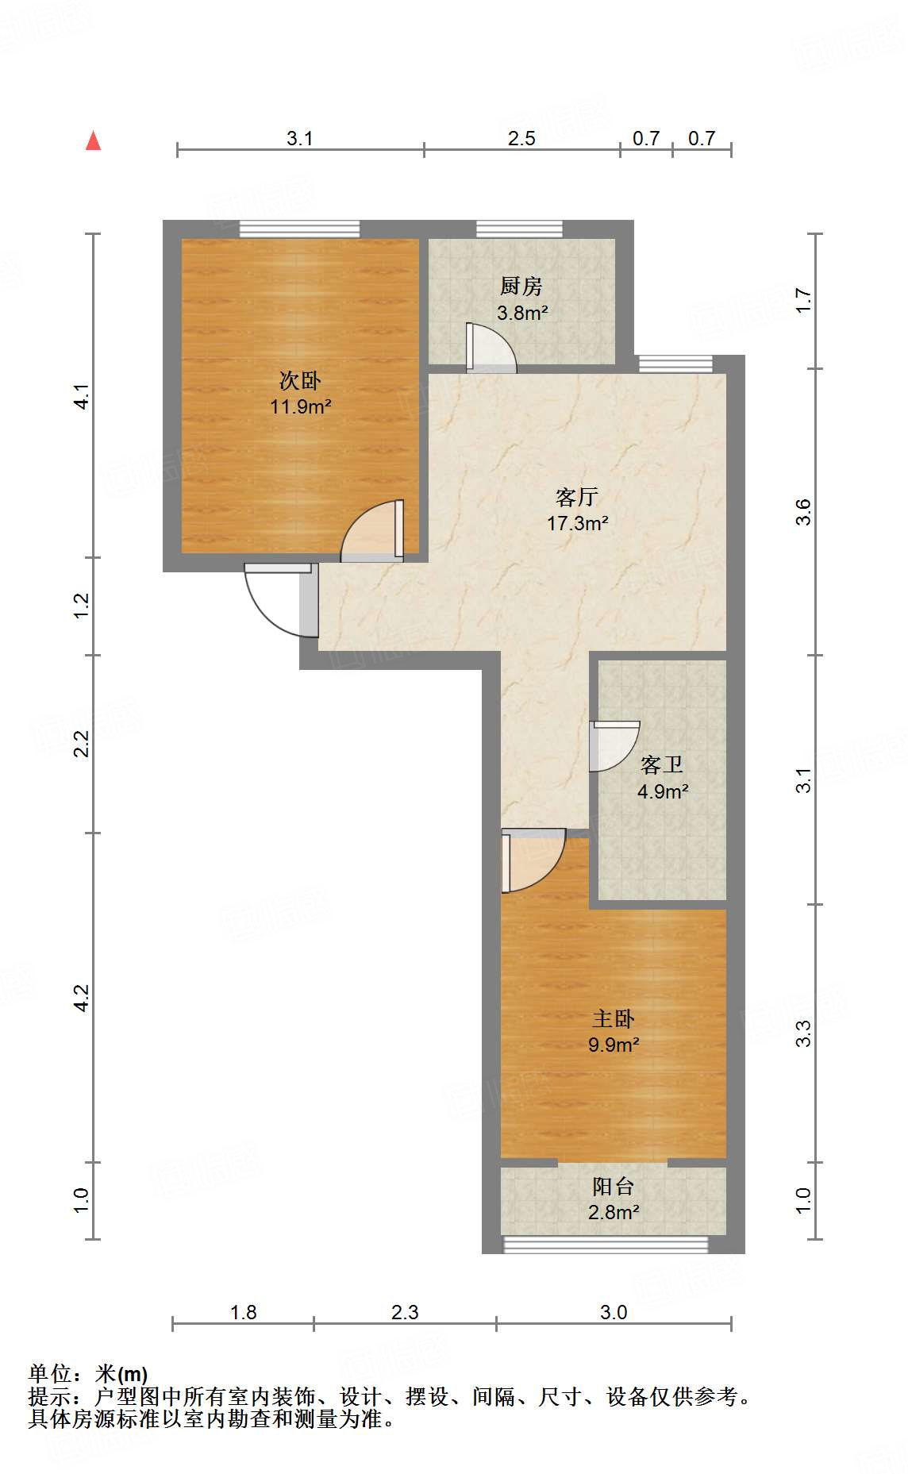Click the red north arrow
(94, 140)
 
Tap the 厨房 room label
(521, 286)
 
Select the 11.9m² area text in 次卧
(300, 407)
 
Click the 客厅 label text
(577, 497)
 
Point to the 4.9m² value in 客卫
(663, 791)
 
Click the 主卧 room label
(614, 1018)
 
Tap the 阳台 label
(614, 1186)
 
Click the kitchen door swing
(490, 349)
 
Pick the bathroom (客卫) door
(613, 746)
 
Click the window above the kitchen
(519, 229)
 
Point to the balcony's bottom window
(605, 1245)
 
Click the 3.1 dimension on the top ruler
(299, 138)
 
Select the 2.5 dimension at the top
(521, 138)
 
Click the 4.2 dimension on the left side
(81, 998)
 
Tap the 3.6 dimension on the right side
(803, 512)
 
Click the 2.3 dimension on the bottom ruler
(405, 1312)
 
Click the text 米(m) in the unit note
(121, 1374)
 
